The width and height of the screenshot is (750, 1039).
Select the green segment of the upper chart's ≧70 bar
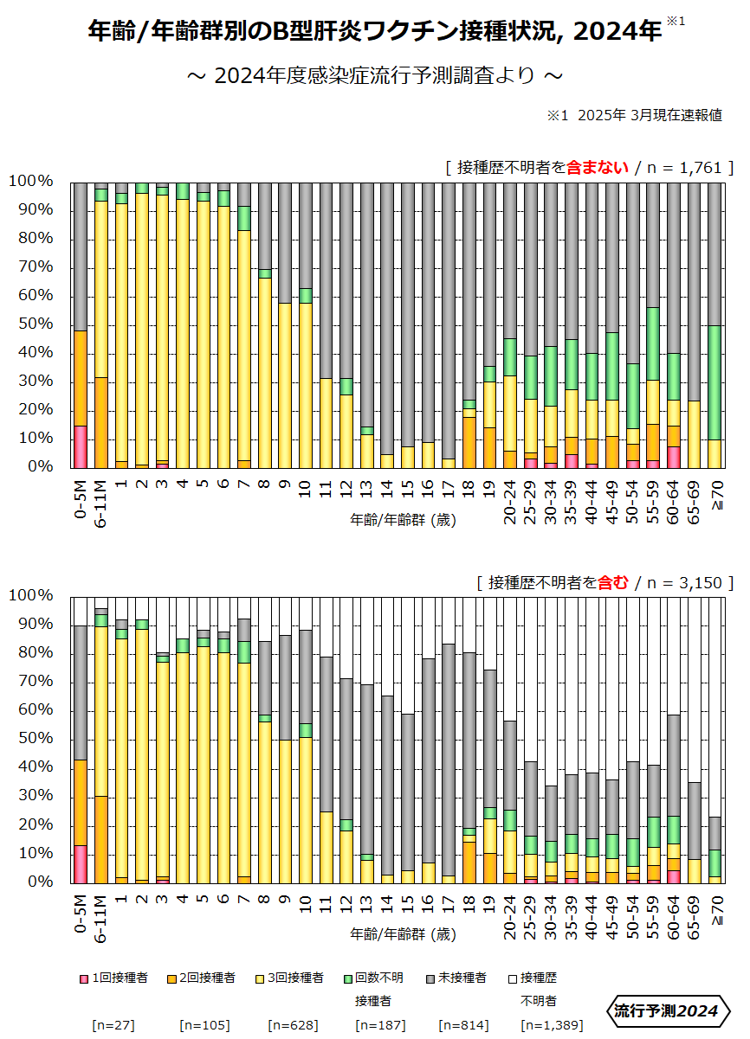pos(714,382)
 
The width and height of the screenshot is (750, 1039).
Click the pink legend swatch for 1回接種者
pos(84,978)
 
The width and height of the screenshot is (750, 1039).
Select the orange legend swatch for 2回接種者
pos(172,978)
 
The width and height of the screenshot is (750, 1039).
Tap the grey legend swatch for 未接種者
pos(430,978)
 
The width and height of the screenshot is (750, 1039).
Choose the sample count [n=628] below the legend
pos(293,1025)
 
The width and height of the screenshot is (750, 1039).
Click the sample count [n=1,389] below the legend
pos(552,1025)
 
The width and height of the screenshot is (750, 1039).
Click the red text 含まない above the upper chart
pos(597,168)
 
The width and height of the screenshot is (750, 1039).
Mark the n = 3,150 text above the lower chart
pos(684,582)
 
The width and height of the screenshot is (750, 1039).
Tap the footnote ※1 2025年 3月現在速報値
pos(634,115)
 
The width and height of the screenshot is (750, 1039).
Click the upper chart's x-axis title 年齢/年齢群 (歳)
pos(403,520)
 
